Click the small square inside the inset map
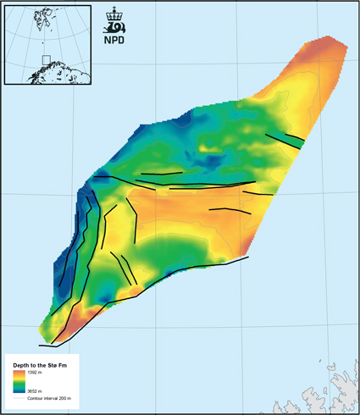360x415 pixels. click(x=47, y=60)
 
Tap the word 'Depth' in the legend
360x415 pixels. click(x=21, y=362)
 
